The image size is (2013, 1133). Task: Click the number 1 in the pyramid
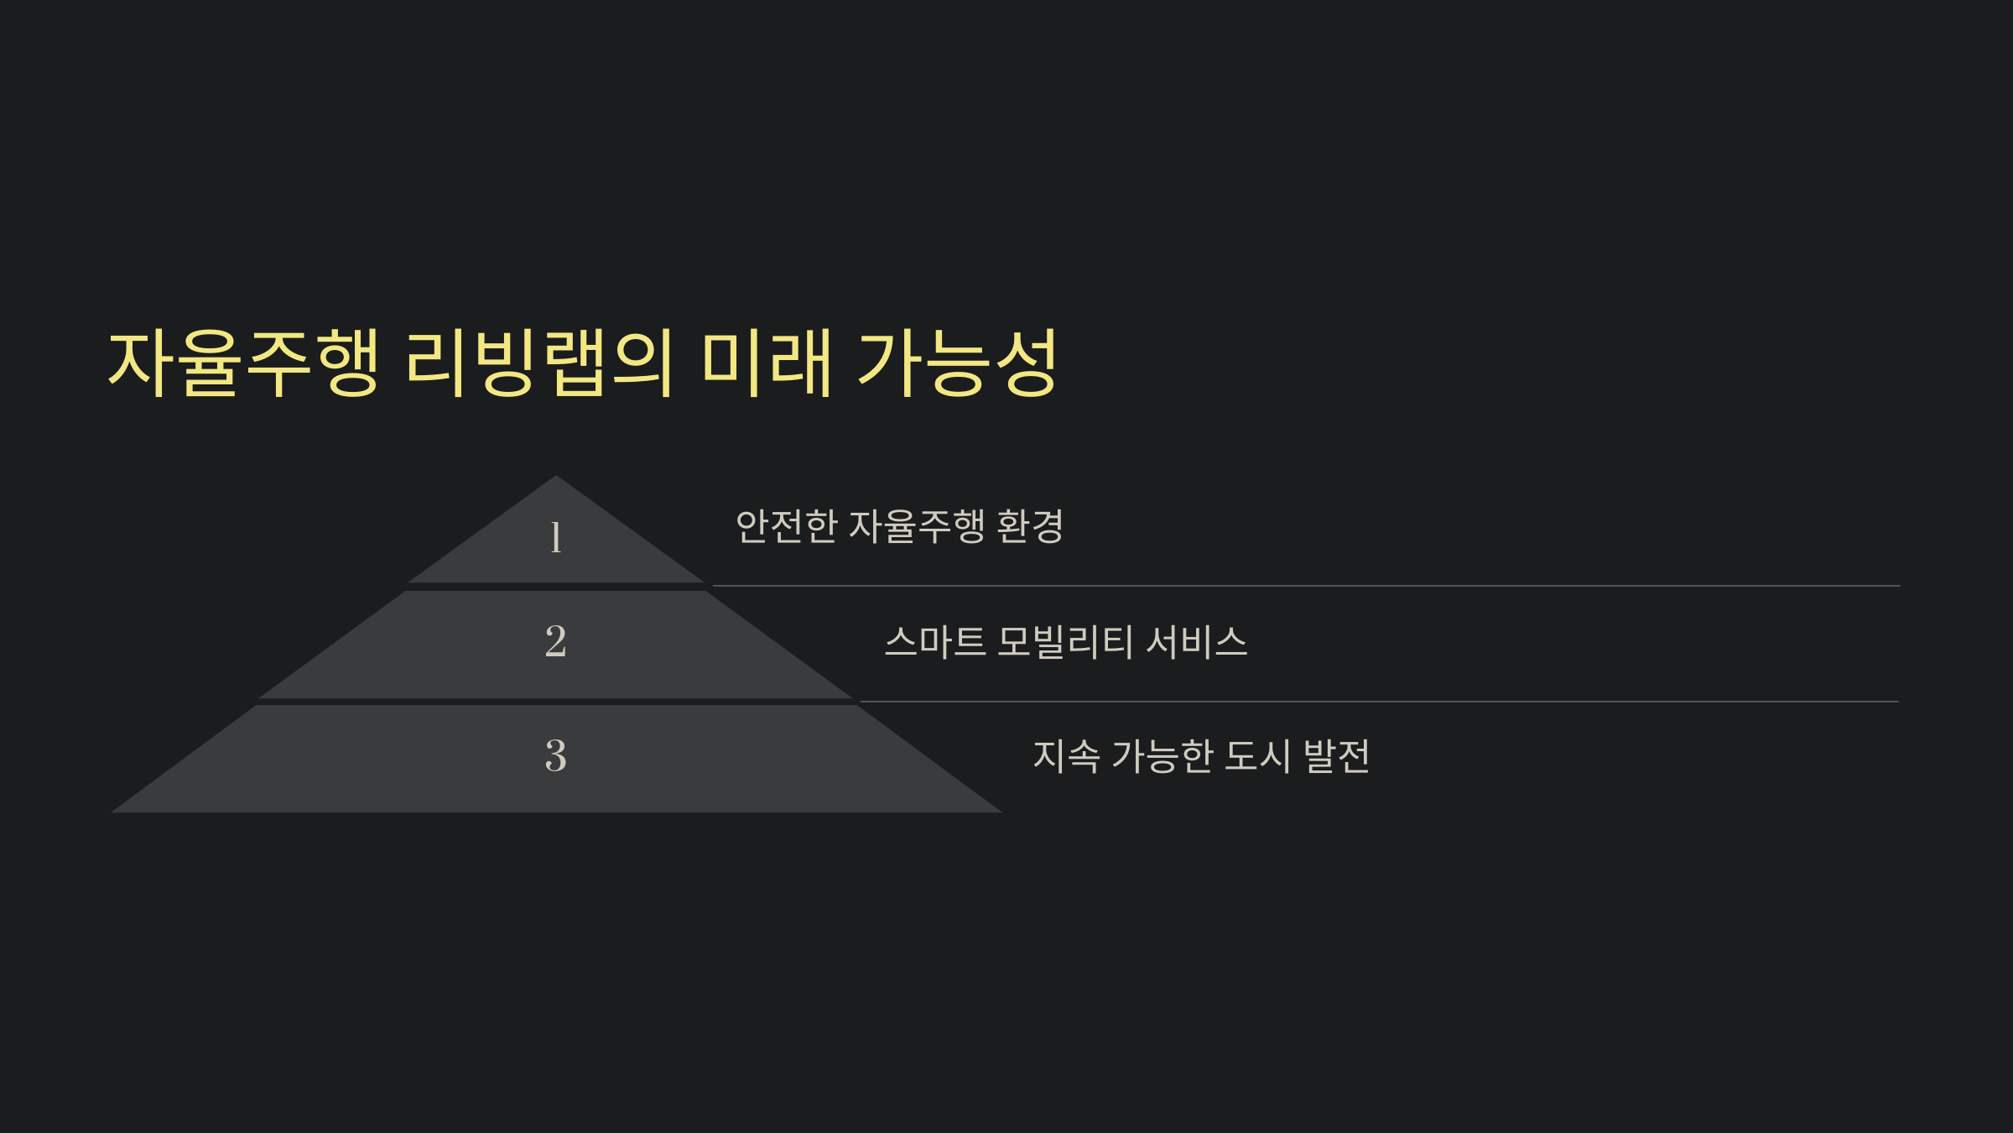click(x=555, y=537)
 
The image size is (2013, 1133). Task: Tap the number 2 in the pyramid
click(x=555, y=641)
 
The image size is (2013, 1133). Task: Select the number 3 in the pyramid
click(x=555, y=755)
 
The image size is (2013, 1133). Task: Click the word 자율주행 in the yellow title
click(x=244, y=363)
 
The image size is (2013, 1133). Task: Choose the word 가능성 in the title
click(x=957, y=363)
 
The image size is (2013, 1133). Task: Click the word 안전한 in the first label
click(x=786, y=526)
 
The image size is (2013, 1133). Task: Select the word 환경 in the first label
click(x=1030, y=526)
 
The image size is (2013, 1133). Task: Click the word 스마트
click(x=934, y=642)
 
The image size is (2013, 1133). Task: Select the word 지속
click(x=1066, y=756)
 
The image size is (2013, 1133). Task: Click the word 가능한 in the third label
click(x=1163, y=756)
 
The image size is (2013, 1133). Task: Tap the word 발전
click(x=1336, y=756)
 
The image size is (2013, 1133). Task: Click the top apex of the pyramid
click(x=555, y=478)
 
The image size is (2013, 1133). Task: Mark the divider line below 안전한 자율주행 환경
click(x=1305, y=586)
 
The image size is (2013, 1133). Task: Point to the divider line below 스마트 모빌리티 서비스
click(x=1379, y=702)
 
